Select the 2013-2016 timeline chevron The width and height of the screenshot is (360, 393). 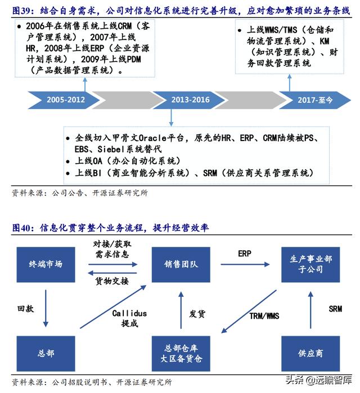(x=190, y=100)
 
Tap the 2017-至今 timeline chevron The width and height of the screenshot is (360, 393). (x=315, y=100)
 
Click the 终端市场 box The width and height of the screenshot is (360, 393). (x=46, y=264)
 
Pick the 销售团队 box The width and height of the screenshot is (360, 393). (x=181, y=264)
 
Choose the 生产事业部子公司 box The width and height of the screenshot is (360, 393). (x=310, y=264)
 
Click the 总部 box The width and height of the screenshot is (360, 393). (x=46, y=354)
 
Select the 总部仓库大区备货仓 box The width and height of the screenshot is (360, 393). (x=181, y=354)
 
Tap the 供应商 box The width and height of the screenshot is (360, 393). (x=310, y=354)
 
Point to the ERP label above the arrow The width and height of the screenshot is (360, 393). (x=245, y=254)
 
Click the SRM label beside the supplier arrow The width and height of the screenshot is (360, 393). (x=335, y=309)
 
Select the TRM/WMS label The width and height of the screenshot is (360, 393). (x=264, y=316)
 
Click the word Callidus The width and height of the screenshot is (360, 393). (x=129, y=313)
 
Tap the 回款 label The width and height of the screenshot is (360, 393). (x=25, y=309)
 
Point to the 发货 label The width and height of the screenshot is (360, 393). (x=197, y=314)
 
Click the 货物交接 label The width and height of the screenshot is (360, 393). (x=112, y=281)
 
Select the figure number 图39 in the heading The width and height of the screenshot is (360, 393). (x=21, y=11)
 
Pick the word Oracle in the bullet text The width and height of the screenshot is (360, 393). (x=152, y=138)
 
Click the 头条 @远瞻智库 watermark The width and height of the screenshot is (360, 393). (x=318, y=380)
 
